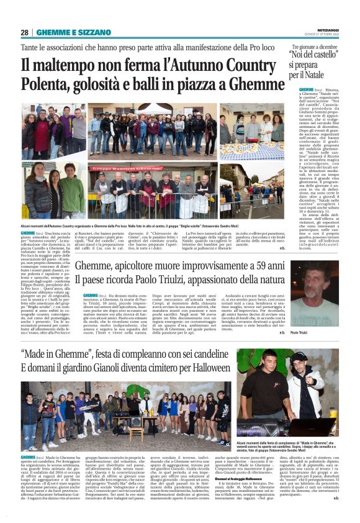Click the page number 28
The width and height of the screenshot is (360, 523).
(24, 32)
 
